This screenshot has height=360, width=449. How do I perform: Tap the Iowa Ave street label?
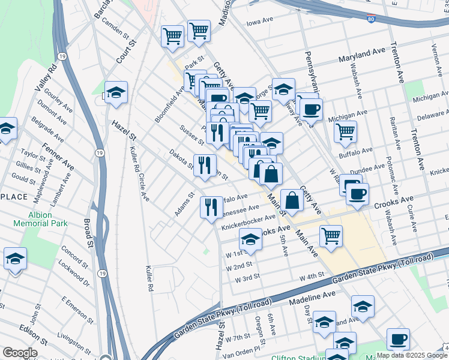tap(259, 23)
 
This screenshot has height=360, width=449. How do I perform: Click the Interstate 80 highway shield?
tap(372, 19)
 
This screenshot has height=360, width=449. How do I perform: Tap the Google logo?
tap(20, 353)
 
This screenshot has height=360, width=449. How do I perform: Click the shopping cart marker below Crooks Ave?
tap(331, 236)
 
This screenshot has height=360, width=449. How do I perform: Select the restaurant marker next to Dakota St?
tap(205, 164)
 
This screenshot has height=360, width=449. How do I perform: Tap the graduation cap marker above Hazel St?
tap(116, 91)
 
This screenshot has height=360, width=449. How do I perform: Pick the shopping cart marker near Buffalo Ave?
tap(345, 131)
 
